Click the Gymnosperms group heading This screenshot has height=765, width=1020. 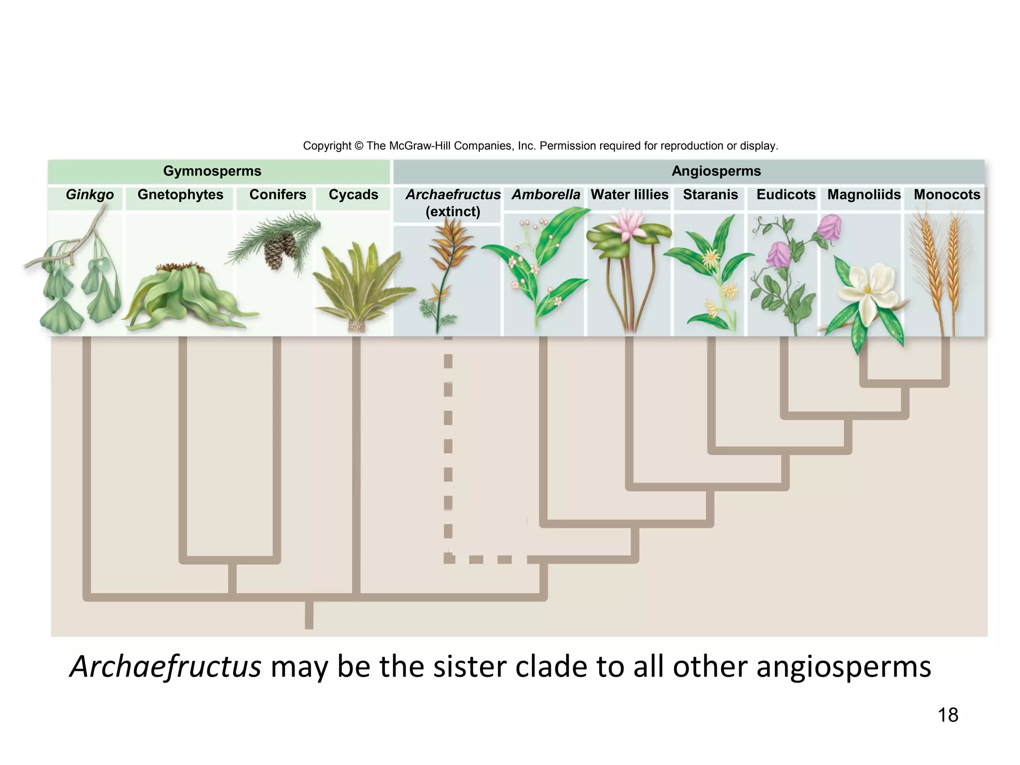tap(212, 171)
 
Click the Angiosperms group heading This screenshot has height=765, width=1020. tap(716, 171)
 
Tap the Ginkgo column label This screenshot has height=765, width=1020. tap(90, 195)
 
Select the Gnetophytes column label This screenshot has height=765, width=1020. tap(180, 195)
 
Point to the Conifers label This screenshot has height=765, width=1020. tap(277, 195)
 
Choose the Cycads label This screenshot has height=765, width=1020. tap(353, 195)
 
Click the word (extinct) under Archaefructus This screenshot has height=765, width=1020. tap(453, 212)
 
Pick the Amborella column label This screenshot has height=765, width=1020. tap(546, 195)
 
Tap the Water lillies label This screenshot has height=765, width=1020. tap(629, 195)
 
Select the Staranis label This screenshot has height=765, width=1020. tap(710, 195)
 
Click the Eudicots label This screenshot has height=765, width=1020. tap(786, 195)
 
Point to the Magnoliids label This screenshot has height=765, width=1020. tap(864, 195)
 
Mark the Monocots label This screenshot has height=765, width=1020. tap(947, 195)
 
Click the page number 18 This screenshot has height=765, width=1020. tap(948, 715)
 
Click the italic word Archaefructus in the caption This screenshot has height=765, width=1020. tap(165, 666)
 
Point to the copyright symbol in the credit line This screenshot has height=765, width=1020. tap(359, 146)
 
